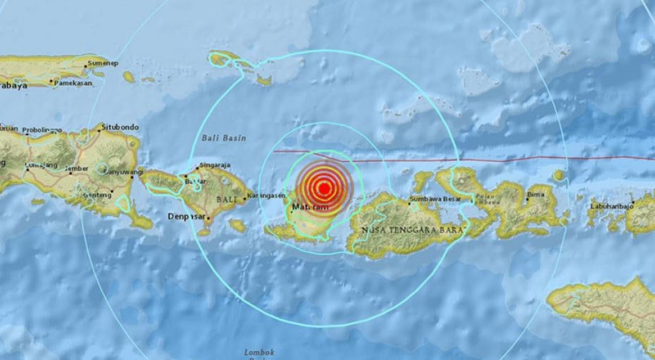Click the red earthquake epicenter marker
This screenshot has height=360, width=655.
(x=323, y=187)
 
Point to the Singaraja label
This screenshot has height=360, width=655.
(x=216, y=162)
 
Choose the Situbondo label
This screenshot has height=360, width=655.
(x=117, y=129)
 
